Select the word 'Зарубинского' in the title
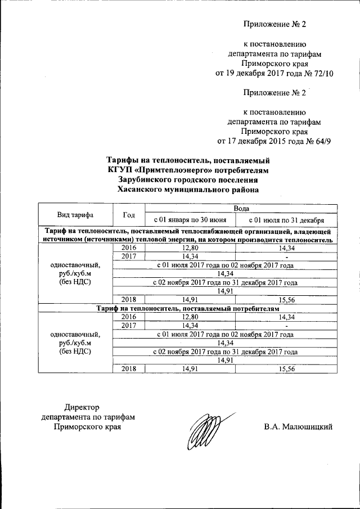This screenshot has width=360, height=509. pyautogui.click(x=148, y=179)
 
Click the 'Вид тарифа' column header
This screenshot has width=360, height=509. pyautogui.click(x=75, y=215)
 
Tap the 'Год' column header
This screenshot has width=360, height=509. pyautogui.click(x=129, y=215)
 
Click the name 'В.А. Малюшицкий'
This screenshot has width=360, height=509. pyautogui.click(x=298, y=427)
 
